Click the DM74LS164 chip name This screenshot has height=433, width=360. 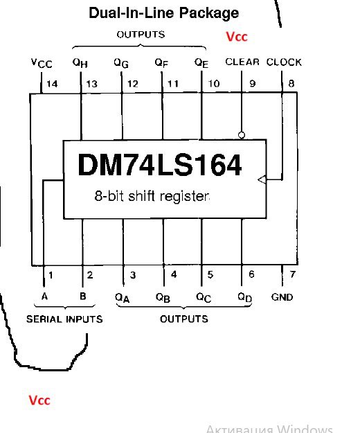[x=160, y=165]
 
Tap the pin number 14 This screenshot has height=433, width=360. [x=52, y=84]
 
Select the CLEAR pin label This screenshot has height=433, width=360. [x=242, y=62]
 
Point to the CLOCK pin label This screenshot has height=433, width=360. [x=284, y=62]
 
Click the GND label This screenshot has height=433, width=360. [x=282, y=297]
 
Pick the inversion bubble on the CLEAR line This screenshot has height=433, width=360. [x=242, y=135]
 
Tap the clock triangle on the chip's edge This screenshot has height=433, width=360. [x=262, y=179]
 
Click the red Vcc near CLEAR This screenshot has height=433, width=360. [x=237, y=37]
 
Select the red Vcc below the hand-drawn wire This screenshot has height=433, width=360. [x=39, y=400]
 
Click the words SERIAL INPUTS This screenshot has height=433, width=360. [x=64, y=319]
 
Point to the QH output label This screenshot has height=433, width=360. [x=80, y=62]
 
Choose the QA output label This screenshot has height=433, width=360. [x=123, y=298]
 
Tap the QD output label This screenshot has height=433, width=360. [x=245, y=297]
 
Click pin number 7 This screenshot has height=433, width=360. [x=293, y=274]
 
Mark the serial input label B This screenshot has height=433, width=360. [x=83, y=297]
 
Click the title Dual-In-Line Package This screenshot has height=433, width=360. [x=164, y=13]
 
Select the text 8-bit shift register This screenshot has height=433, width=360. [x=152, y=196]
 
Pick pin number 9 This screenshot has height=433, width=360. [x=253, y=84]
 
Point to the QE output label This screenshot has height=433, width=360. [x=201, y=62]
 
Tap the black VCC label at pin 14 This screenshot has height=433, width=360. [x=42, y=64]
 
